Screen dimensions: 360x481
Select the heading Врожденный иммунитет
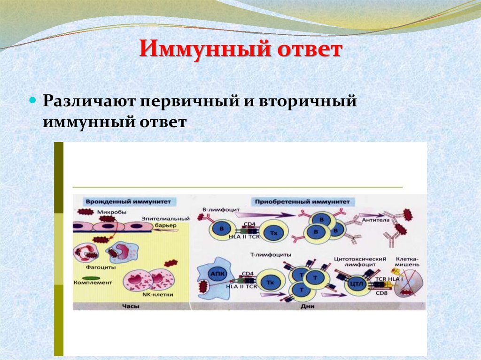click(125, 201)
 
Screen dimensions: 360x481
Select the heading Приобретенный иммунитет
click(303, 201)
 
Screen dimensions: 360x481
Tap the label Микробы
click(111, 212)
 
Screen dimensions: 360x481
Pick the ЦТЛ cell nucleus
click(357, 286)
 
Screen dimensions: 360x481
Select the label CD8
click(381, 293)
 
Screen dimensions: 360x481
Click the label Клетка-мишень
click(407, 261)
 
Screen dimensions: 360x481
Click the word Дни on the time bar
click(303, 306)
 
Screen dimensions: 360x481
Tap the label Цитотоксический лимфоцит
click(359, 262)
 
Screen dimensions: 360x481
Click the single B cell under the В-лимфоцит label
click(219, 229)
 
